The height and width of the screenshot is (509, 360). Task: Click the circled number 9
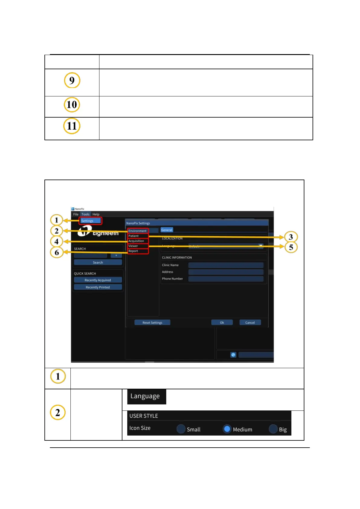tap(72, 80)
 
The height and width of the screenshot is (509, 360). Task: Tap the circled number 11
tap(72, 126)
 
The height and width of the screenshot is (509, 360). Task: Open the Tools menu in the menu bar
tap(85, 214)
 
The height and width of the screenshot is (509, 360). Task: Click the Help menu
tap(96, 214)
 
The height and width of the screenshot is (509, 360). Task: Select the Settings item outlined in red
tap(90, 221)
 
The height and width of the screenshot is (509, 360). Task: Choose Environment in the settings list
tap(138, 231)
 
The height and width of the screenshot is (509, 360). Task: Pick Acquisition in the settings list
tap(136, 241)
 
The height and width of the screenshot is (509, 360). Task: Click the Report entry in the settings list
tap(133, 251)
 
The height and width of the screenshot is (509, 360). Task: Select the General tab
tap(167, 230)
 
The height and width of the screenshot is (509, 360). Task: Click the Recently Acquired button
tap(98, 280)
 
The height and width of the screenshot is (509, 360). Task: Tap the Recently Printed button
tap(98, 287)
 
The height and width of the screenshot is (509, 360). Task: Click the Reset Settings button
tap(152, 323)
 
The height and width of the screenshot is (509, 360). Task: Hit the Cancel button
tap(250, 323)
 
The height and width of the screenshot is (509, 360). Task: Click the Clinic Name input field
tap(226, 265)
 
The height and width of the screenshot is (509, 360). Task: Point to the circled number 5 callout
tap(291, 247)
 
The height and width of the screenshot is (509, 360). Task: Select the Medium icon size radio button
tap(227, 429)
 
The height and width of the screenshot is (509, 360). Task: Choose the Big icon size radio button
tap(273, 429)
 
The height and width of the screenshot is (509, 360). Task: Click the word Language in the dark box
tap(145, 396)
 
